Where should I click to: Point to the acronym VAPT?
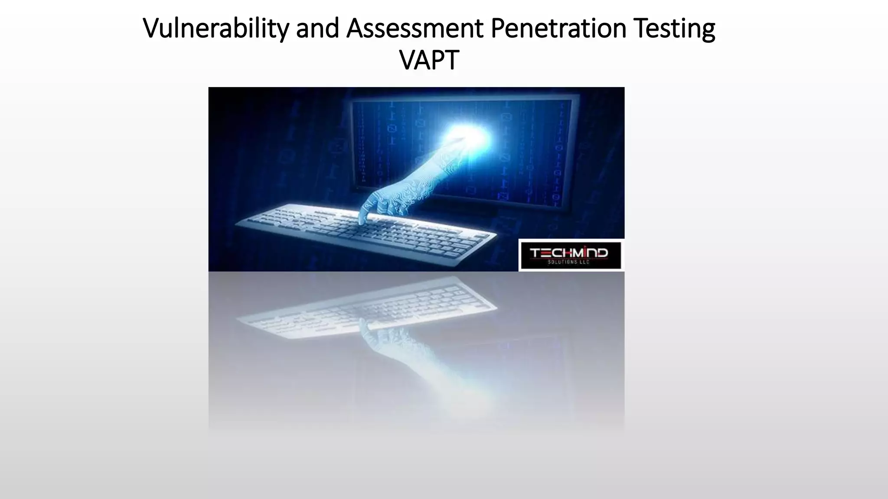click(x=429, y=60)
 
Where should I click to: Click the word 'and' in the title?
click(x=317, y=29)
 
